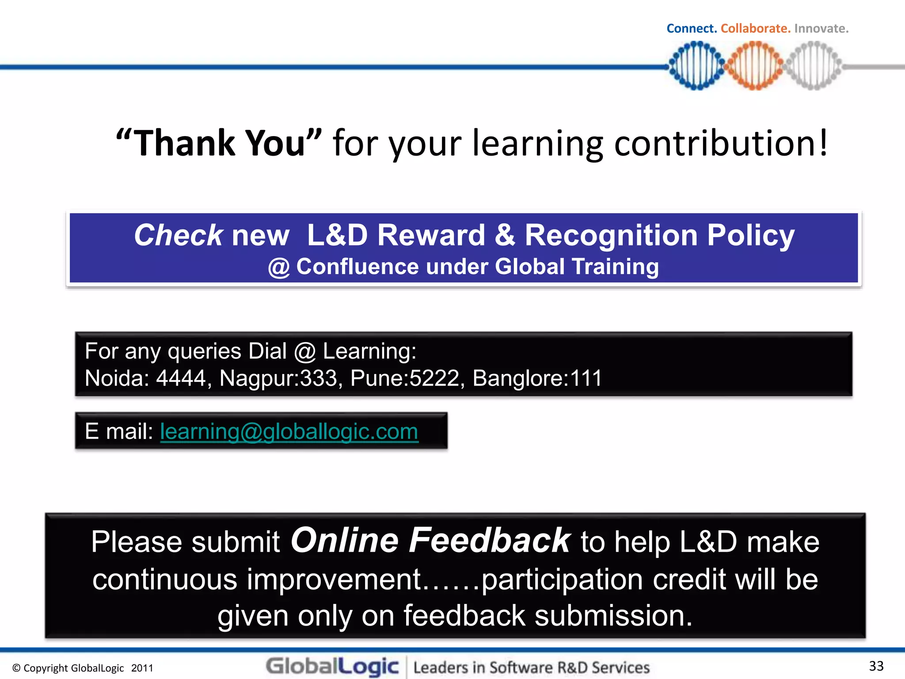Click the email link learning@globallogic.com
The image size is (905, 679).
pyautogui.click(x=289, y=431)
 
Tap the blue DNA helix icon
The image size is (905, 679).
pyautogui.click(x=696, y=66)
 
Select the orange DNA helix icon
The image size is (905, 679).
pyautogui.click(x=755, y=66)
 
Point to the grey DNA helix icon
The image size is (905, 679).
pyautogui.click(x=813, y=66)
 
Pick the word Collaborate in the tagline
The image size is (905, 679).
pyautogui.click(x=755, y=29)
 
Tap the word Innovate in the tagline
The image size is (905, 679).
pyautogui.click(x=821, y=29)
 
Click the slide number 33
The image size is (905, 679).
pyautogui.click(x=876, y=666)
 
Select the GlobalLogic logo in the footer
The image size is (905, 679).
pyautogui.click(x=332, y=666)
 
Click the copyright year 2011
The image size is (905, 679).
pyautogui.click(x=142, y=668)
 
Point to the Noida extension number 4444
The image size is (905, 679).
pyautogui.click(x=181, y=378)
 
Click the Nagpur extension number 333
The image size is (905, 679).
pyautogui.click(x=318, y=378)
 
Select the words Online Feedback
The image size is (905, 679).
pyautogui.click(x=430, y=540)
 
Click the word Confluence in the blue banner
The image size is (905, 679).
pyautogui.click(x=357, y=267)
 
